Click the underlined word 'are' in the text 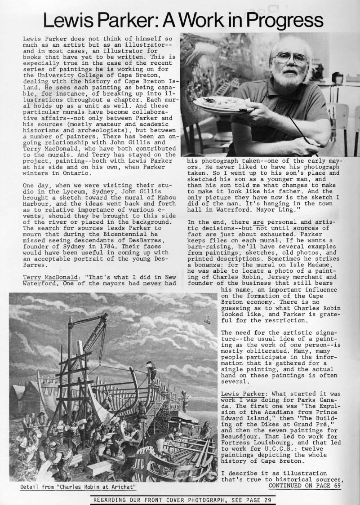click(x=258, y=222)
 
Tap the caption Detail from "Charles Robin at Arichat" click(x=78, y=487)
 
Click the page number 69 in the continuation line click(x=338, y=485)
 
